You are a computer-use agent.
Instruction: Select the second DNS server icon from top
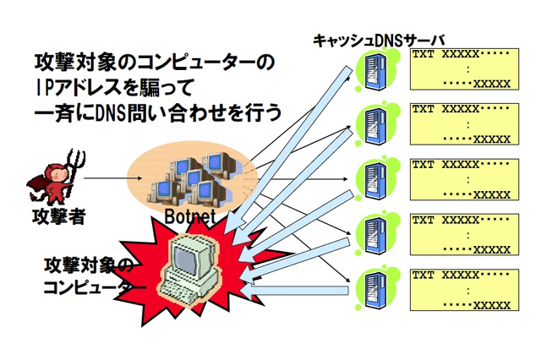coord(371,124)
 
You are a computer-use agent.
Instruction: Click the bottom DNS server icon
coord(371,287)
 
